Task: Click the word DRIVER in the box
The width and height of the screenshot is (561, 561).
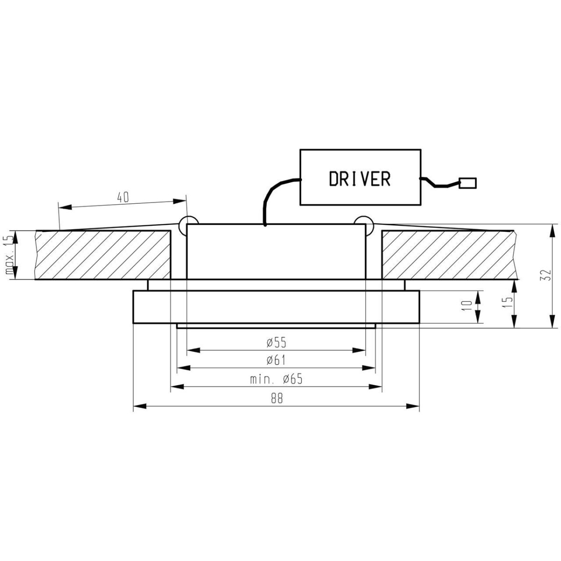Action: pos(360,178)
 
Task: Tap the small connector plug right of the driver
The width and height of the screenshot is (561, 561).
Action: pos(468,183)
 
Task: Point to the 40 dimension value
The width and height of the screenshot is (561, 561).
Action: pos(122,198)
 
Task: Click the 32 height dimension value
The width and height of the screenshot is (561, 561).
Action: pos(544,275)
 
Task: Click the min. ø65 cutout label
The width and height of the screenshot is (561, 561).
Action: pos(276,379)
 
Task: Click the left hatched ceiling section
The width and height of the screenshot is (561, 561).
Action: pos(103,255)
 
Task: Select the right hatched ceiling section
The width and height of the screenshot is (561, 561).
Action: pos(449,255)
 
